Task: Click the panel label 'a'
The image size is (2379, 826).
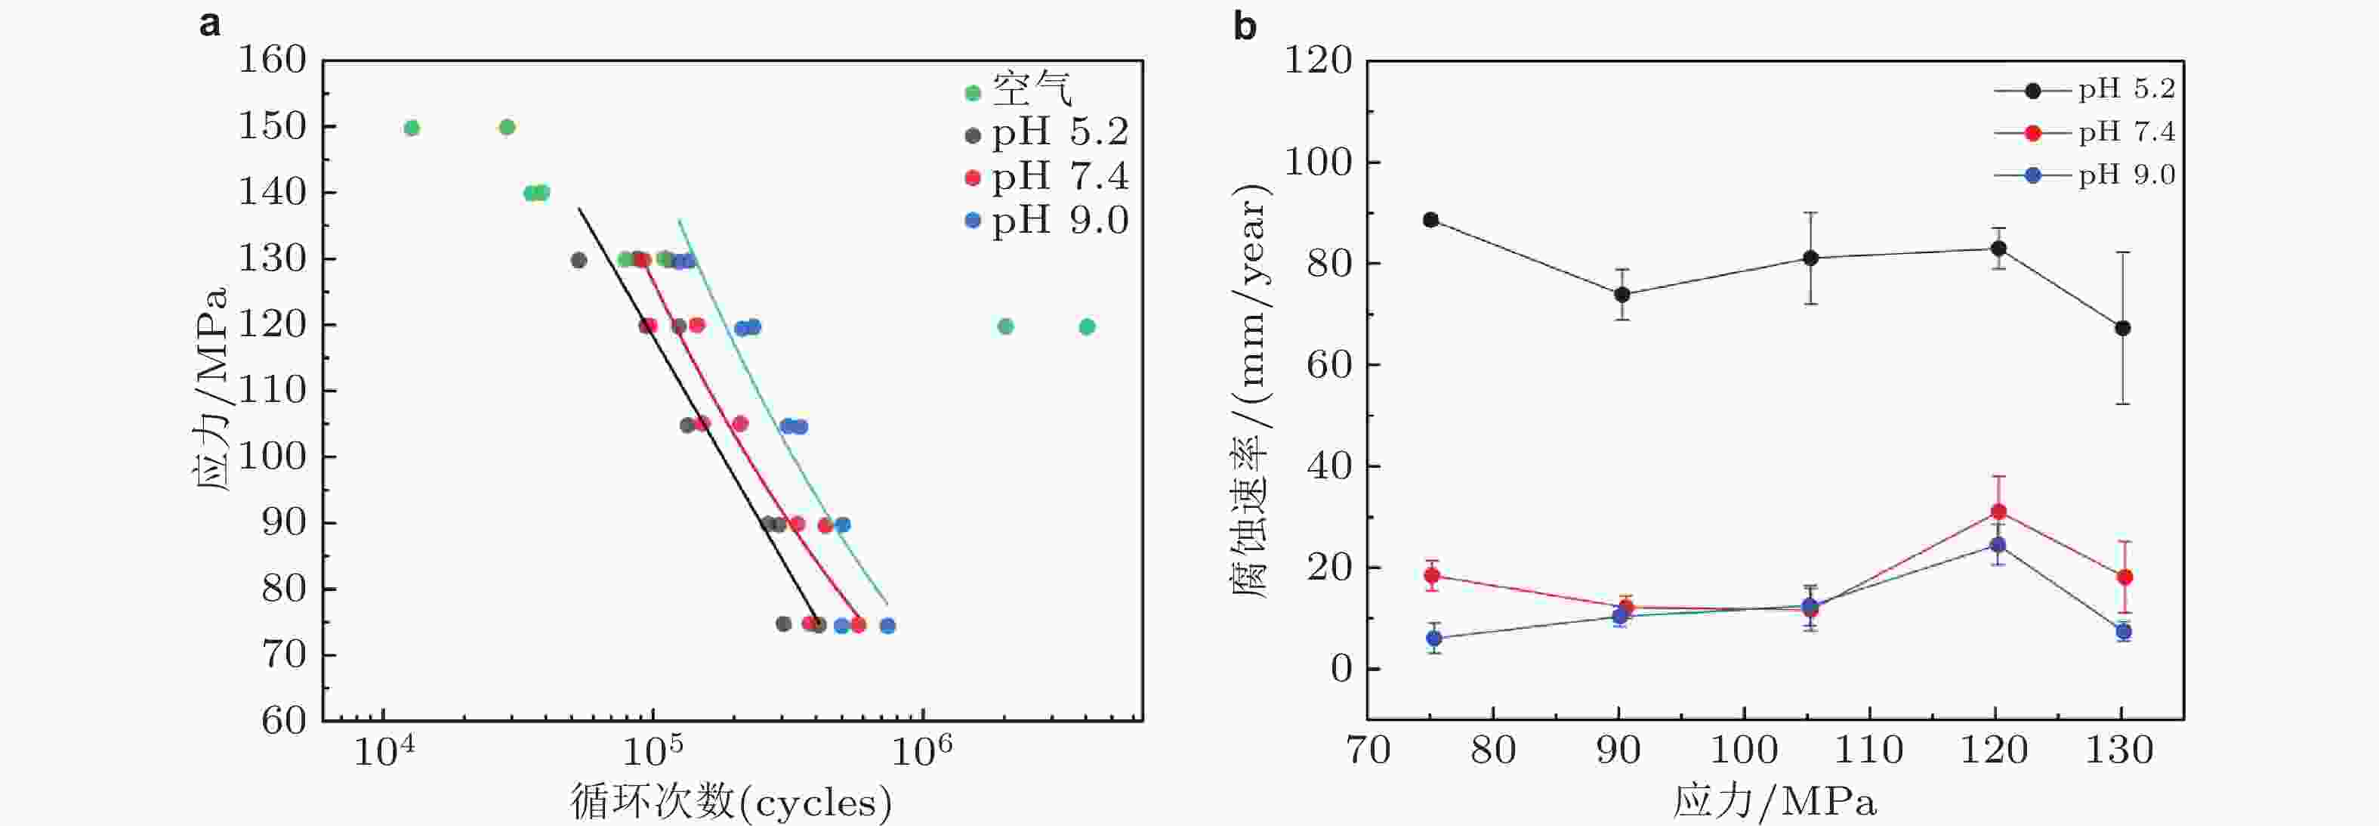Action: click(210, 24)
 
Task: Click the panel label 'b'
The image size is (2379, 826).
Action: click(1245, 26)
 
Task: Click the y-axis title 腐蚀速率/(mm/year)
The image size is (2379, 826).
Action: click(1251, 388)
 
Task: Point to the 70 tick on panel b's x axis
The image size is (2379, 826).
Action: click(1368, 750)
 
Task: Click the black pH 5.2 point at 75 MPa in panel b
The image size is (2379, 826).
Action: click(1430, 220)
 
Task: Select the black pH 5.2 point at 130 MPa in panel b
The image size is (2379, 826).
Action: click(2123, 328)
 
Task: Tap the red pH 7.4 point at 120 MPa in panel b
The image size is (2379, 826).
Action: click(1998, 512)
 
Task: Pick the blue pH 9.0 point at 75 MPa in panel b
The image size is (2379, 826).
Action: click(1433, 639)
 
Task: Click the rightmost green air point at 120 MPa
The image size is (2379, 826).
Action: click(1087, 326)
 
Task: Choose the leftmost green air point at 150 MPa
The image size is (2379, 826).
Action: click(412, 128)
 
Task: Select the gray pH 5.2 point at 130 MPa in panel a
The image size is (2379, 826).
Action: click(578, 261)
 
